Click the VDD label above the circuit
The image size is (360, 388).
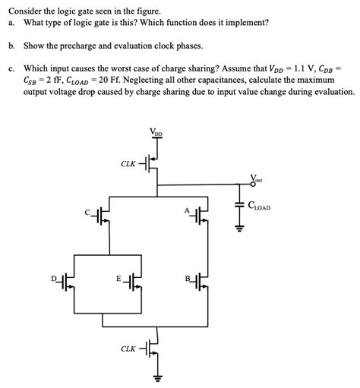click(x=157, y=134)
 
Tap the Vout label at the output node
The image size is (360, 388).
click(x=256, y=180)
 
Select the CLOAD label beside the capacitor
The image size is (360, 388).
click(x=259, y=206)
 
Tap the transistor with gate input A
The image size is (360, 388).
click(x=200, y=217)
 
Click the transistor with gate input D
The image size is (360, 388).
click(x=70, y=282)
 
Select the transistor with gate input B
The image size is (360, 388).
click(x=200, y=282)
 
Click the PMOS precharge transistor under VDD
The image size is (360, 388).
click(x=153, y=164)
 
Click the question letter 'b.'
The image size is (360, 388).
click(x=11, y=46)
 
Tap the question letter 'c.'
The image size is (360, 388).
click(x=11, y=67)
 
